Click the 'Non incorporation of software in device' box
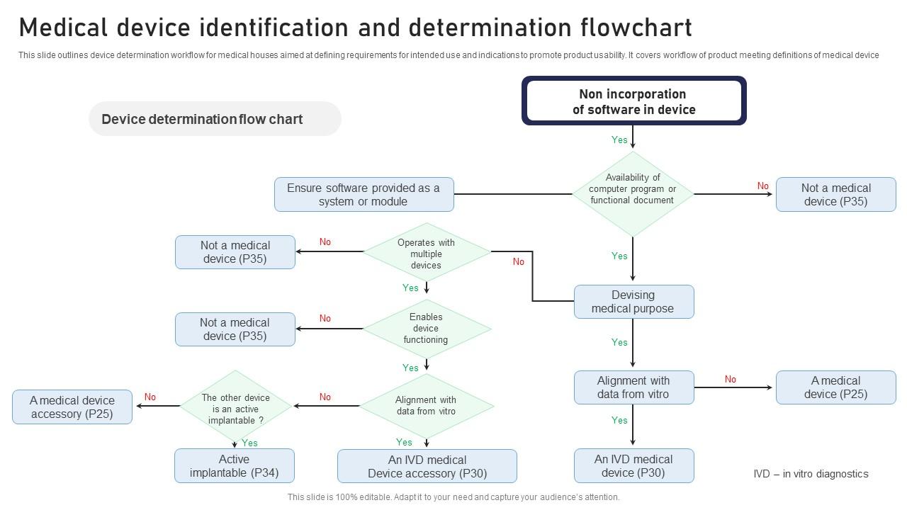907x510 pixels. [x=633, y=101]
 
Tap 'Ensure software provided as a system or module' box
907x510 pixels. [x=364, y=194]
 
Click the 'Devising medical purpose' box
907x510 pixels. [x=633, y=302]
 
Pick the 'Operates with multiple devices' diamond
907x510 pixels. [x=427, y=253]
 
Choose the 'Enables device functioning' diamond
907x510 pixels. [x=427, y=328]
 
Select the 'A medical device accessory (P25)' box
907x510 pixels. [x=72, y=407]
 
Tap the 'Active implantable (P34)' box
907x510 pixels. [x=235, y=465]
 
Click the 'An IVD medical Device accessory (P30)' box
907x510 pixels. [x=427, y=466]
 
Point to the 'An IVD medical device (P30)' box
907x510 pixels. [x=633, y=465]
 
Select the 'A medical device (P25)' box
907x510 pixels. [x=835, y=387]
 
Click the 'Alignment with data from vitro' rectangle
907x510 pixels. [x=633, y=387]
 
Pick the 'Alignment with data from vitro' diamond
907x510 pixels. [x=427, y=405]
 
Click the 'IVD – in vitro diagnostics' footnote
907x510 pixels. [x=811, y=474]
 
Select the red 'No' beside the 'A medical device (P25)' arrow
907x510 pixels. [x=730, y=379]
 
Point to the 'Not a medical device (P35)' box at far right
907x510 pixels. [x=835, y=194]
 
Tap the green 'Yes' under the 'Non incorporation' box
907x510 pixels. [x=619, y=140]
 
